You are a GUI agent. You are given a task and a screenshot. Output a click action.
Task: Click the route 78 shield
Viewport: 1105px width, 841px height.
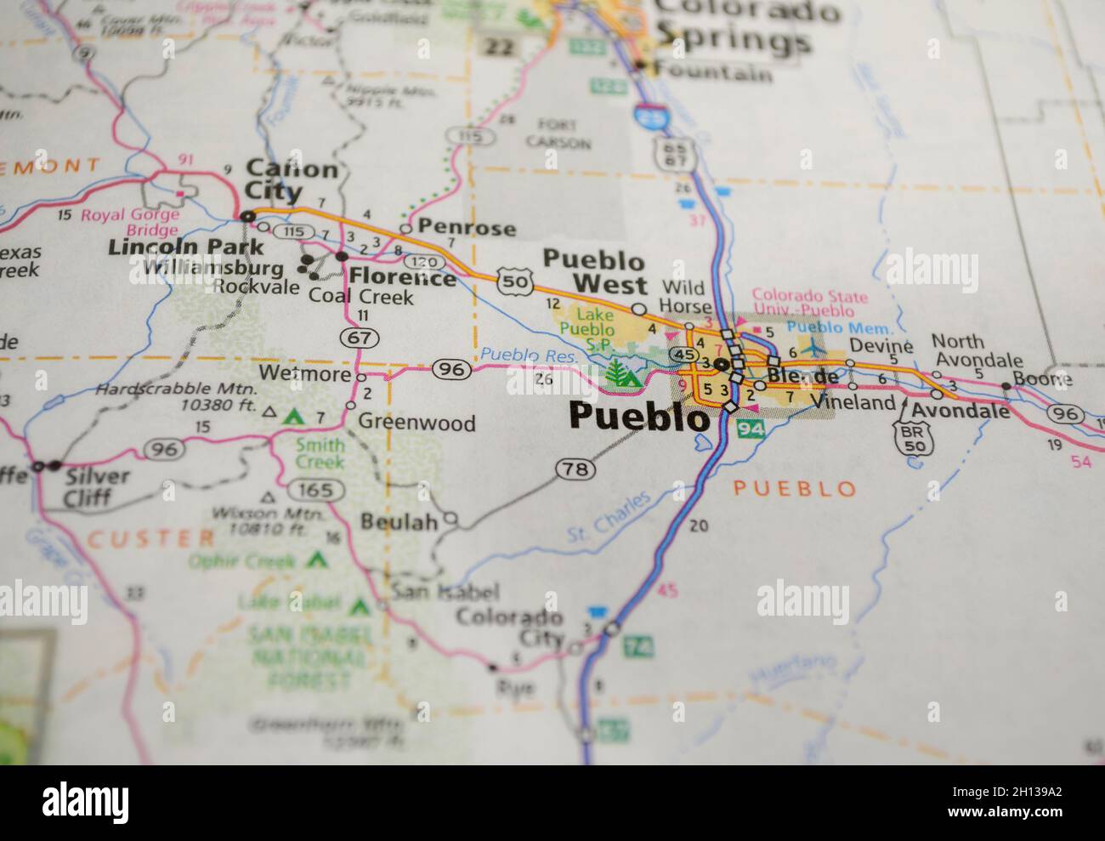(x=571, y=469)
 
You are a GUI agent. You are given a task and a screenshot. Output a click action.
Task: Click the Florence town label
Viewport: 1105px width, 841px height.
(x=402, y=277)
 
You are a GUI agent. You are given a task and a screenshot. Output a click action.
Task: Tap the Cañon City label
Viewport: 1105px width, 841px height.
(x=290, y=180)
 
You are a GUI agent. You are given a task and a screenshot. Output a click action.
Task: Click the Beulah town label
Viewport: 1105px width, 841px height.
(x=399, y=521)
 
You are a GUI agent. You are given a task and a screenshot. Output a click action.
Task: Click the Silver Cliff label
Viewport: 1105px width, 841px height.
(x=97, y=486)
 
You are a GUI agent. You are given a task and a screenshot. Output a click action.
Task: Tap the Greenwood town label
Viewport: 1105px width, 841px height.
(x=416, y=423)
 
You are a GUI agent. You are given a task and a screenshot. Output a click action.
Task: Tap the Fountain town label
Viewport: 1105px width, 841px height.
(x=717, y=73)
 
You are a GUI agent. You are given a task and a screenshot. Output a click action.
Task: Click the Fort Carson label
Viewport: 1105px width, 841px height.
(x=558, y=134)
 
